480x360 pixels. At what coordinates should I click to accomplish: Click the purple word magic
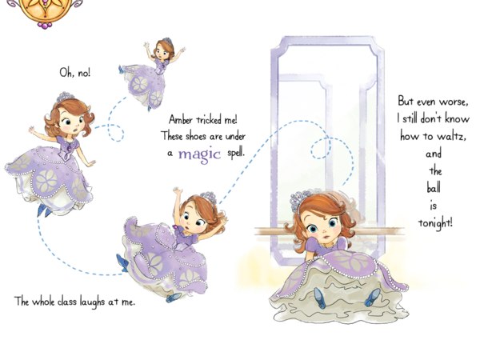click(199, 154)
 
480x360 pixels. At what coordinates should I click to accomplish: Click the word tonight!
click(435, 222)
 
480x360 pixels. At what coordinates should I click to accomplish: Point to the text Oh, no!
click(75, 73)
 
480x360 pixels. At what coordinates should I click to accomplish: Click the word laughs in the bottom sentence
click(92, 302)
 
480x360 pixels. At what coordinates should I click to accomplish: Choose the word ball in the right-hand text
click(434, 187)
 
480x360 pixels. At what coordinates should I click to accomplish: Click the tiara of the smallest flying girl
click(167, 41)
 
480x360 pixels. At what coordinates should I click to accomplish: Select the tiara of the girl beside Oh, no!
click(65, 97)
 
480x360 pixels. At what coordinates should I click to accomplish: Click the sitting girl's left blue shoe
click(319, 298)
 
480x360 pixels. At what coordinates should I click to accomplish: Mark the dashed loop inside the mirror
click(321, 148)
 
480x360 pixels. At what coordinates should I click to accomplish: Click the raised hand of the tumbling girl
click(177, 191)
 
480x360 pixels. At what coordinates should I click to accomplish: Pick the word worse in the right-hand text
click(454, 102)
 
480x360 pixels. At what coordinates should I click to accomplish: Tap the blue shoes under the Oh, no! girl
click(44, 210)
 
